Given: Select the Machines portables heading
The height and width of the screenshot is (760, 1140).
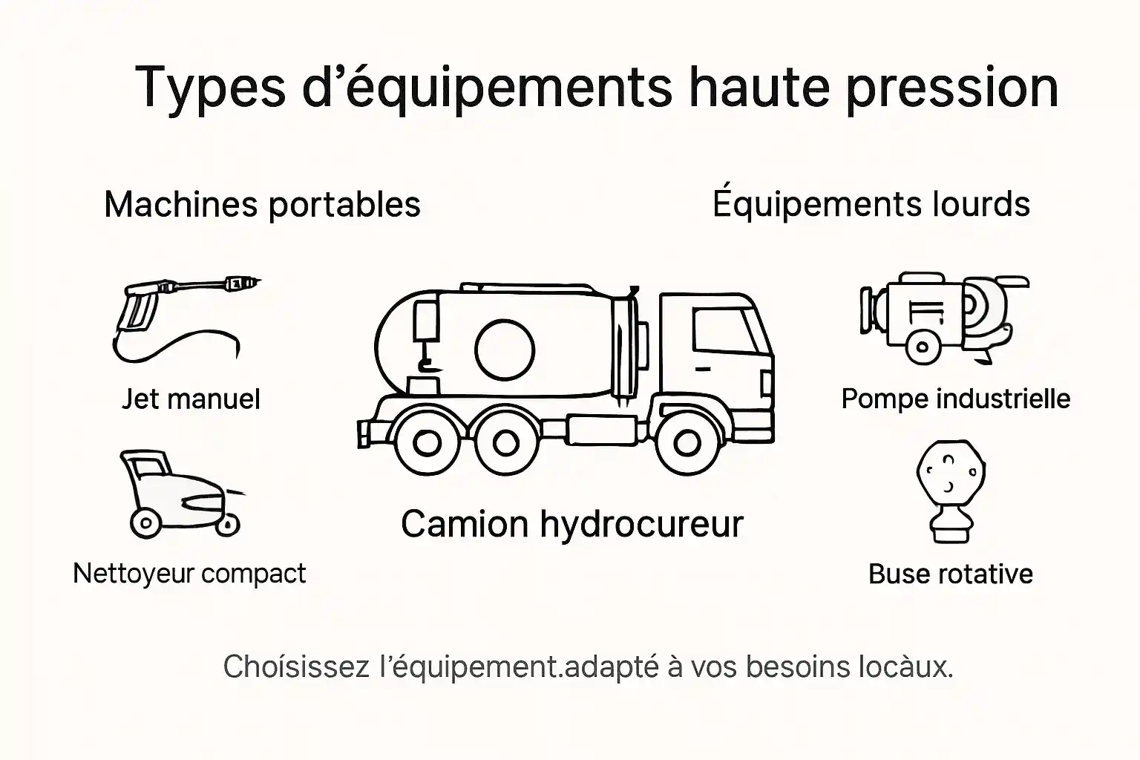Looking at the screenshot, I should pyautogui.click(x=262, y=204).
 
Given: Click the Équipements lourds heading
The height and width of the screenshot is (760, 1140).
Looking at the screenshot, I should pyautogui.click(x=871, y=203).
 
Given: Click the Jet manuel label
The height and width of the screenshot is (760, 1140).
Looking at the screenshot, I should pyautogui.click(x=191, y=399).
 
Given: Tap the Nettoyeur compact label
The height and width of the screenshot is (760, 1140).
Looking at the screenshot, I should pyautogui.click(x=189, y=573).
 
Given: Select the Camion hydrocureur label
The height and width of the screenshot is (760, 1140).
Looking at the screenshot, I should pyautogui.click(x=571, y=524).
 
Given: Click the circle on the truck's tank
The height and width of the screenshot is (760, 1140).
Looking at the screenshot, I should pyautogui.click(x=505, y=350).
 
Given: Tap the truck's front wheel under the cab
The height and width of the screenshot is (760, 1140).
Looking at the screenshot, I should pyautogui.click(x=687, y=443).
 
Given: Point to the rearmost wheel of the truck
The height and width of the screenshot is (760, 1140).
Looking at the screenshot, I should pyautogui.click(x=426, y=443).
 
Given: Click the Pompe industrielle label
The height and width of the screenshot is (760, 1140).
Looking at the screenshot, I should pyautogui.click(x=955, y=399).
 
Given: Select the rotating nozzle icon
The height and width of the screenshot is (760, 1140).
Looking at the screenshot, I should pyautogui.click(x=950, y=490).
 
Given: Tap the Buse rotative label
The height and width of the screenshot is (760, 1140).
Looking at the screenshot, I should pyautogui.click(x=950, y=574).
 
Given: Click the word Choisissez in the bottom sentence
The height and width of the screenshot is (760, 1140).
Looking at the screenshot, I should pyautogui.click(x=296, y=666).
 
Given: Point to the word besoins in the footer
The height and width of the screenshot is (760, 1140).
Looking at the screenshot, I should pyautogui.click(x=797, y=666).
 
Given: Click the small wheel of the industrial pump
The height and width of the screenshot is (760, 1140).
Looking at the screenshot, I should pyautogui.click(x=922, y=347).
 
